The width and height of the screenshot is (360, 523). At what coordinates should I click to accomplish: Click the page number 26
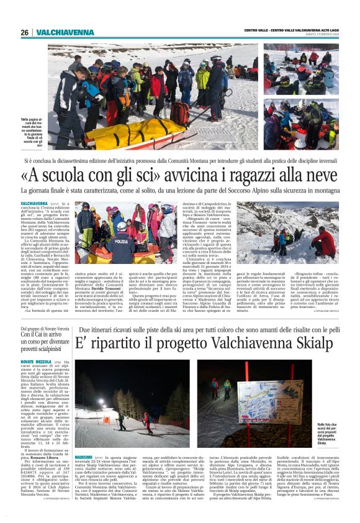(24, 32)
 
